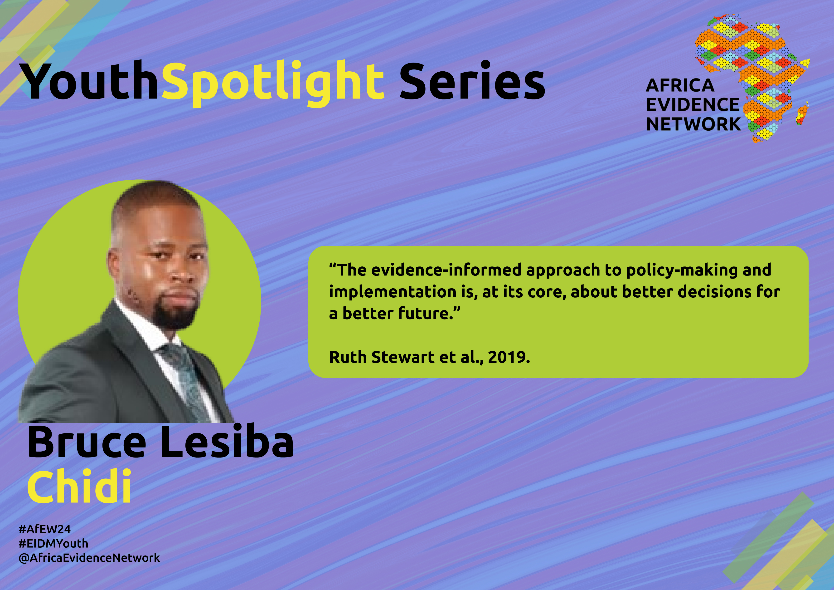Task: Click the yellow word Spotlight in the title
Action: coord(273,83)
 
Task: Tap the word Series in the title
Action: coord(472,81)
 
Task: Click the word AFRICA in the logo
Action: coord(680,86)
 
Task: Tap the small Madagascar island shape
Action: coord(802,113)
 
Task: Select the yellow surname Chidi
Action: coord(79,487)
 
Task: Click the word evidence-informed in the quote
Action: coord(446,270)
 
